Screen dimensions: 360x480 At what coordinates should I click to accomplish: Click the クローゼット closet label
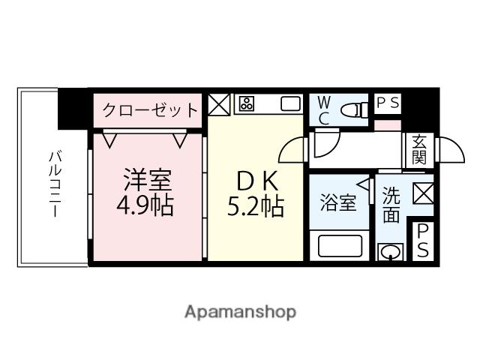(150, 110)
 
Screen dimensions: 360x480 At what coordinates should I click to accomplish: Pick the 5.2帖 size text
(256, 205)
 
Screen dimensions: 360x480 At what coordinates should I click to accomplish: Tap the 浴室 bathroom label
(338, 203)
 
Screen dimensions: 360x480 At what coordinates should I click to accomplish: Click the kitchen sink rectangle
(289, 103)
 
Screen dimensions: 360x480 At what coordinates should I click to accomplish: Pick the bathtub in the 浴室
(340, 245)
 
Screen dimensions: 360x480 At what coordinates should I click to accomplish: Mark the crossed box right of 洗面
(422, 193)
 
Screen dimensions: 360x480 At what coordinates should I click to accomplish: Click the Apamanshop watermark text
(240, 311)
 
